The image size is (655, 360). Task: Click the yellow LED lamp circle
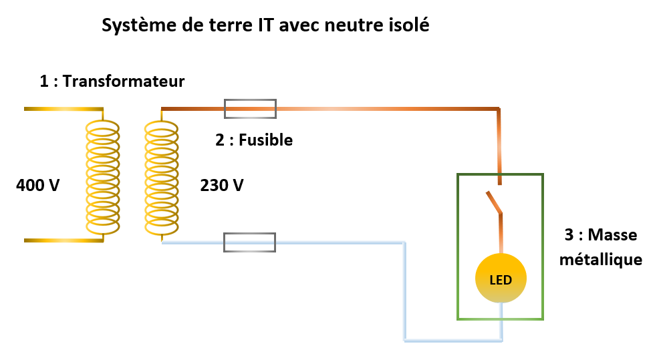(501, 279)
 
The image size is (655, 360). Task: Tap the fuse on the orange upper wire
(250, 108)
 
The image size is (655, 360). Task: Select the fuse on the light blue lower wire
(249, 242)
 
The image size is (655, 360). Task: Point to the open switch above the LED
(495, 203)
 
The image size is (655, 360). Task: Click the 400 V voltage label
(38, 184)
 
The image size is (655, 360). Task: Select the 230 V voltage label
(222, 184)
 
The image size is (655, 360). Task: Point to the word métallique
(601, 259)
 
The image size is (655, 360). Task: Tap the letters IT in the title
(264, 26)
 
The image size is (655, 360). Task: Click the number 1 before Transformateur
(44, 81)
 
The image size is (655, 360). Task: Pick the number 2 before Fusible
(219, 140)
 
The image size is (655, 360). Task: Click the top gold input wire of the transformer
(63, 108)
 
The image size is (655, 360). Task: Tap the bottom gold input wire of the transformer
(63, 239)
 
